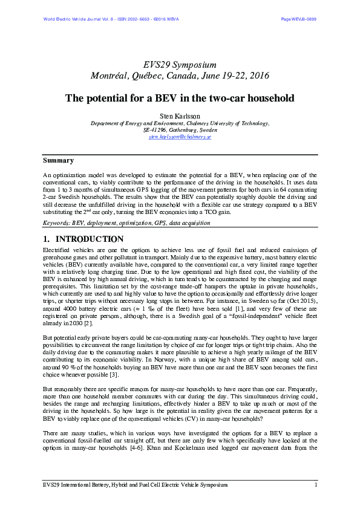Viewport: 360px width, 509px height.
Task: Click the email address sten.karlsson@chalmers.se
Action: click(x=180, y=137)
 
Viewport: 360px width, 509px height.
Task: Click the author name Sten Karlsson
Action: click(x=180, y=115)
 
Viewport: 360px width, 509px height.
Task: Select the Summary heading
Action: click(x=58, y=161)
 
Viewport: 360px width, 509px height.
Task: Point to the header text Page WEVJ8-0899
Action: click(x=298, y=19)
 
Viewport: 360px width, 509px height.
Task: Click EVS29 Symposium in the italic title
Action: click(x=180, y=65)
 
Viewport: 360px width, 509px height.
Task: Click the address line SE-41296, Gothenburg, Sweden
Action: click(x=180, y=130)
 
